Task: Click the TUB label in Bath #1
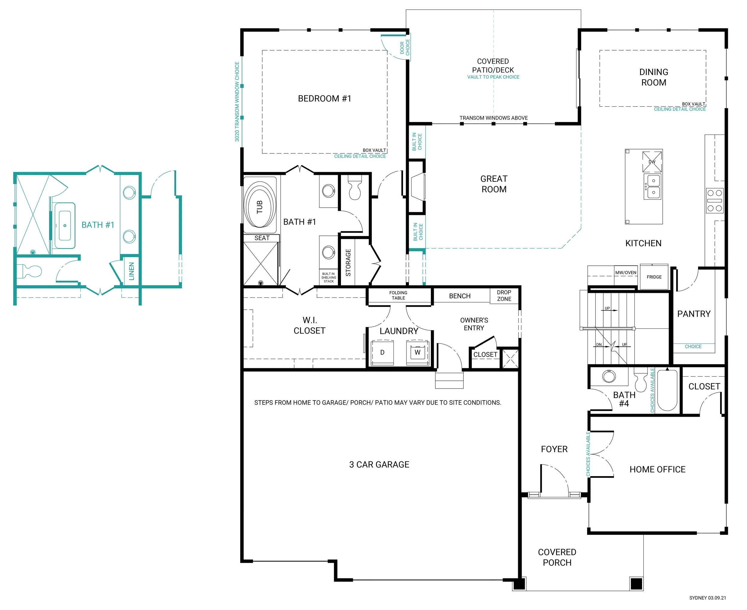(x=260, y=207)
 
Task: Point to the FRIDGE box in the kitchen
(x=654, y=277)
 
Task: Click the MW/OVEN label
(x=626, y=272)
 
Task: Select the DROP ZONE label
(x=504, y=296)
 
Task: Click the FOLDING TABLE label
(x=398, y=295)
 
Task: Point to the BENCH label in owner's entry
(x=460, y=296)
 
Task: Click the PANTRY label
(x=694, y=314)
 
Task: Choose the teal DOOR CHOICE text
(x=405, y=47)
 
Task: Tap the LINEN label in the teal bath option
(x=131, y=271)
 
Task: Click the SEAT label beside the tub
(x=262, y=238)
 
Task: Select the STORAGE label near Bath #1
(x=348, y=262)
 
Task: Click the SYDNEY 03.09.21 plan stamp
(x=708, y=598)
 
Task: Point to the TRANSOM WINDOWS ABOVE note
(x=493, y=118)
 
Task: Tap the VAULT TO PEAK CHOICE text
(x=493, y=77)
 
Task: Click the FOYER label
(x=554, y=449)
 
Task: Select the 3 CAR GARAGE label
(x=379, y=464)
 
